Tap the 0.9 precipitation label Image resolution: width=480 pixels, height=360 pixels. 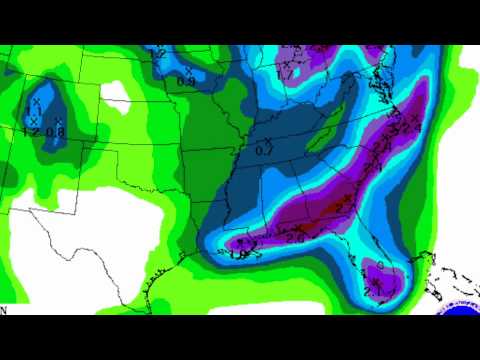(x=185, y=81)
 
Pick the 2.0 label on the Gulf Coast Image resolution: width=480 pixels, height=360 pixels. (x=295, y=237)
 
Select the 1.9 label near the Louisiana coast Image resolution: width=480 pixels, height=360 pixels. (x=240, y=254)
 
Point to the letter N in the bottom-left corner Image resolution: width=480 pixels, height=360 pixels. (x=4, y=310)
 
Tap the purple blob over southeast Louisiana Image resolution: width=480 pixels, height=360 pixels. (x=240, y=242)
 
